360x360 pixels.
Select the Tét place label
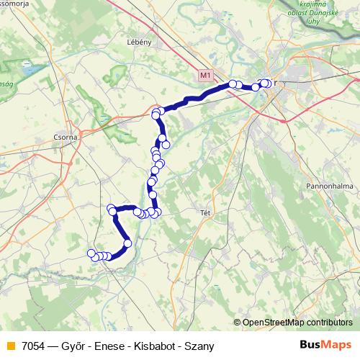click(204, 213)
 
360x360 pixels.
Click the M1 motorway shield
click(207, 75)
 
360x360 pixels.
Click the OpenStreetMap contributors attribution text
click(297, 323)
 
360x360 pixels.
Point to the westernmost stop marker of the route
click(91, 253)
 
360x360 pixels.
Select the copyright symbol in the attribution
click(238, 323)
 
